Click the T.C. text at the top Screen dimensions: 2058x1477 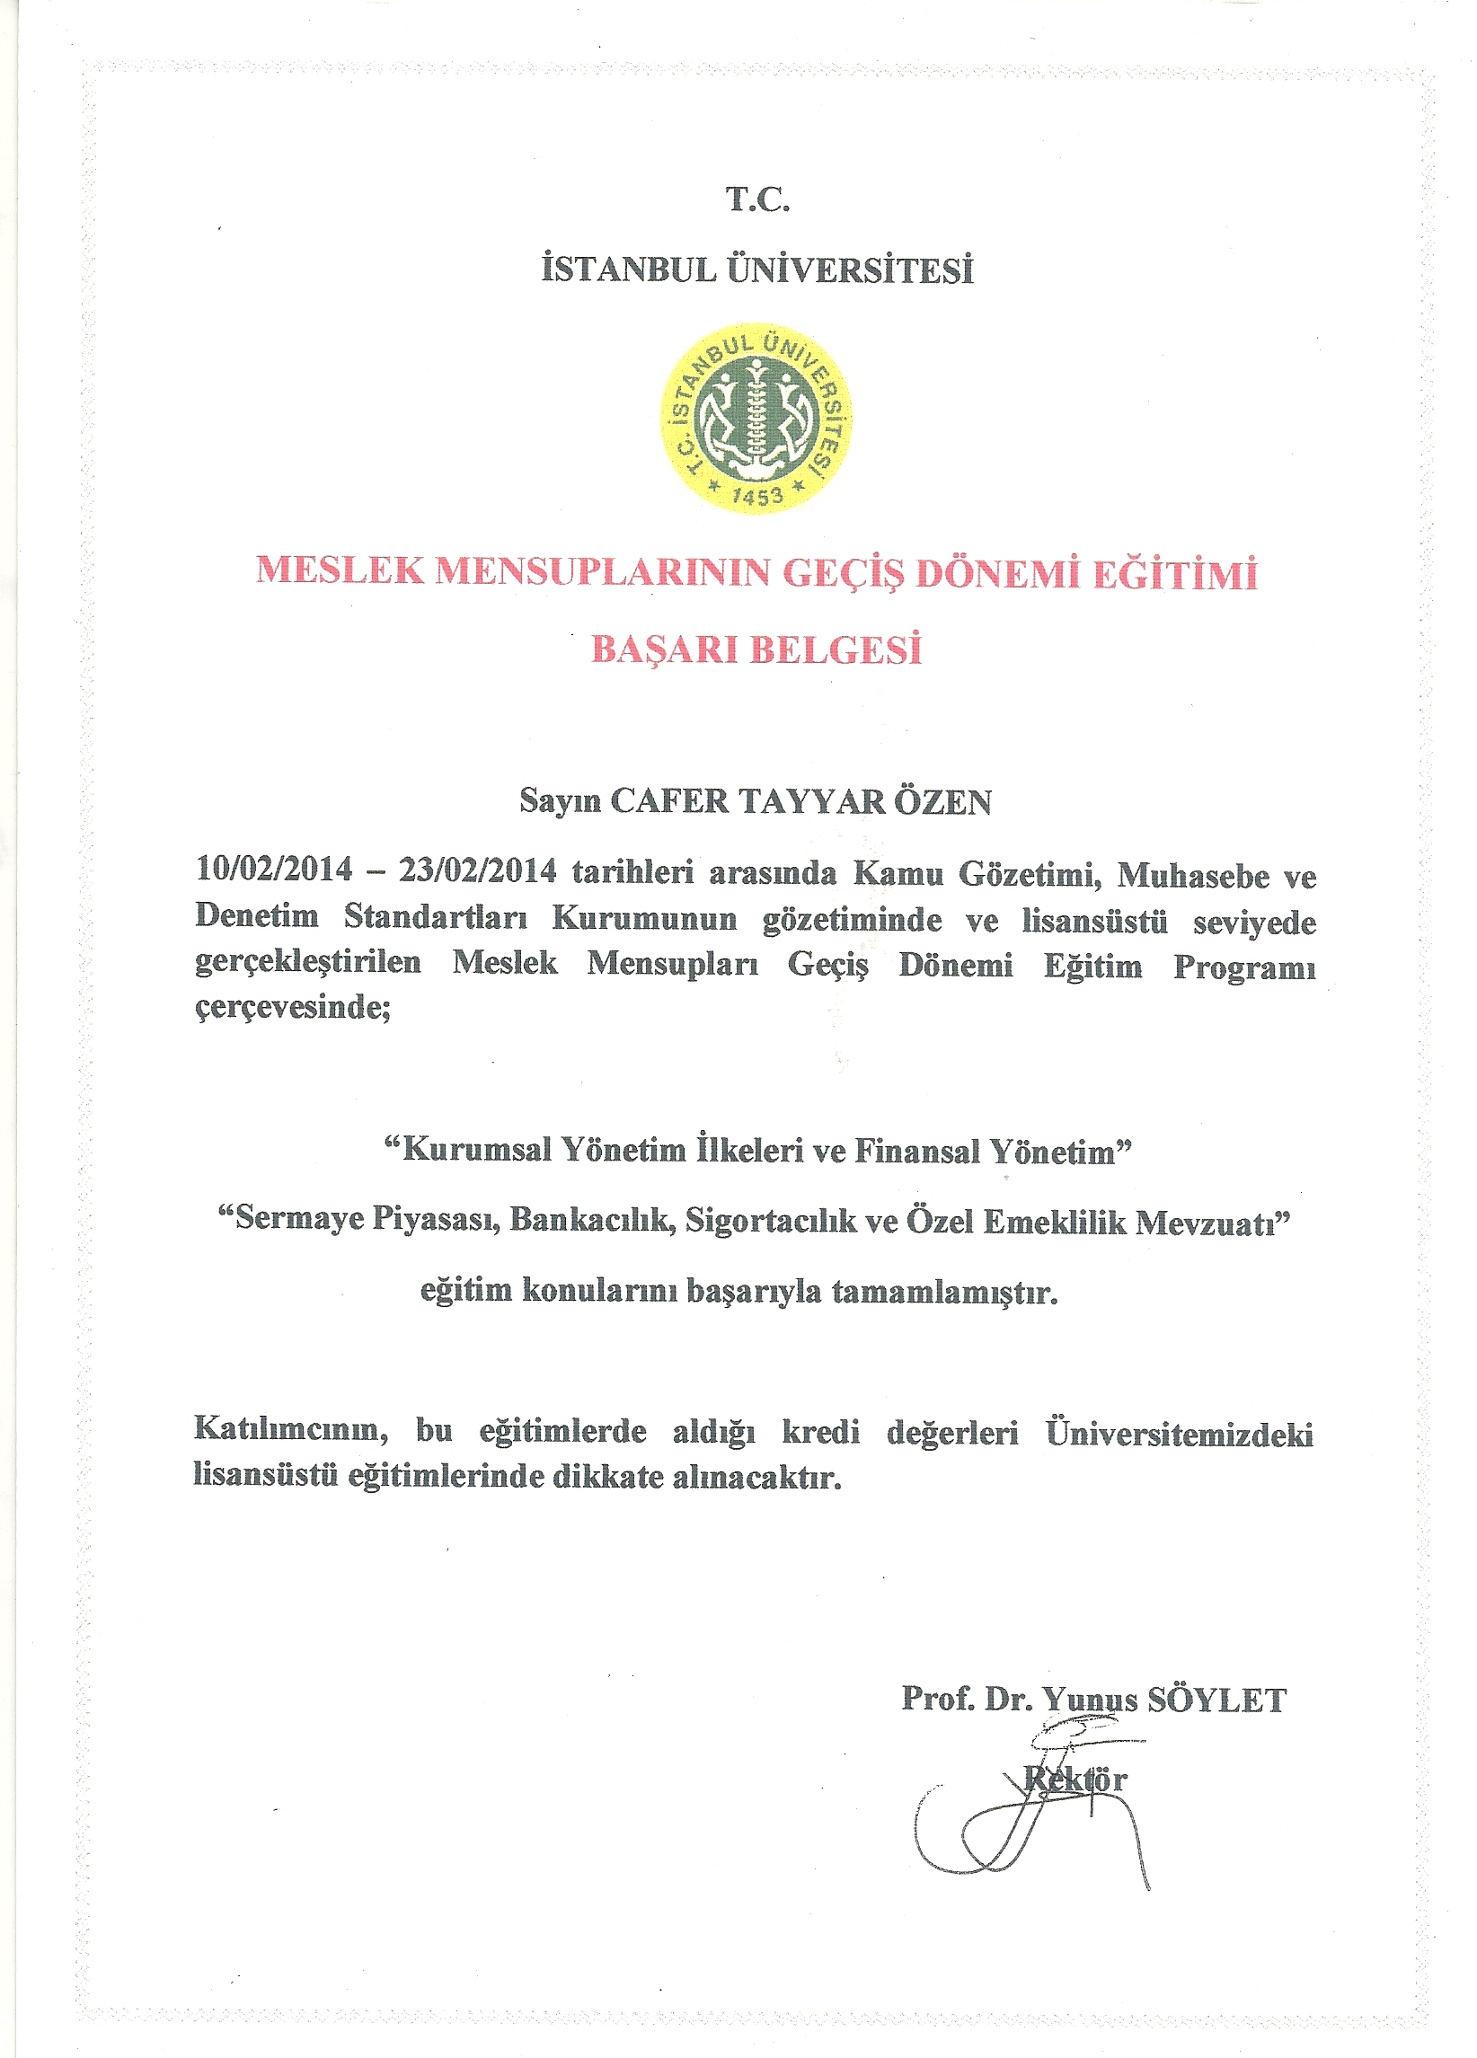point(757,199)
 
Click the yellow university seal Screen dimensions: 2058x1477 point(756,419)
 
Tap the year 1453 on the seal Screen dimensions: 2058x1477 point(757,496)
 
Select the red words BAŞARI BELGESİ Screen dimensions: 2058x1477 point(756,649)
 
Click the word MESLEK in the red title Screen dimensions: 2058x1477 point(340,570)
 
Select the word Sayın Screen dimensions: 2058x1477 point(560,800)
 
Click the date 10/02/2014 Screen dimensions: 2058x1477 point(274,869)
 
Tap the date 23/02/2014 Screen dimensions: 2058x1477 point(477,870)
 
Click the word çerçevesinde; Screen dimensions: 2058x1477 point(293,1007)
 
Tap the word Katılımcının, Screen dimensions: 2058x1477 point(291,1431)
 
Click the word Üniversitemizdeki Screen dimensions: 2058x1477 point(1180,1434)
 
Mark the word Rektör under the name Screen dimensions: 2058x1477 point(1075,1780)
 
